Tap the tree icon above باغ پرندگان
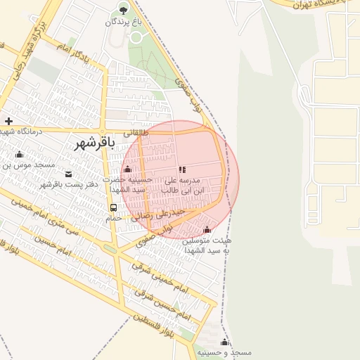(x=124, y=10)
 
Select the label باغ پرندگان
(x=123, y=22)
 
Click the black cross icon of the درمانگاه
(x=8, y=121)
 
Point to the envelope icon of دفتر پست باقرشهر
(x=68, y=174)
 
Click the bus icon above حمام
(x=113, y=208)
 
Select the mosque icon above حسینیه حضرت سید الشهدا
(x=128, y=169)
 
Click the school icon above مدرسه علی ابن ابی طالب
(x=183, y=169)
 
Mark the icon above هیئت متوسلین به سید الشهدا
(x=207, y=230)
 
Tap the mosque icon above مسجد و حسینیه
(x=225, y=342)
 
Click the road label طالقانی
(x=136, y=131)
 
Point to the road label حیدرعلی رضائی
(x=162, y=213)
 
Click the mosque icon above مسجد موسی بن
(x=19, y=155)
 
